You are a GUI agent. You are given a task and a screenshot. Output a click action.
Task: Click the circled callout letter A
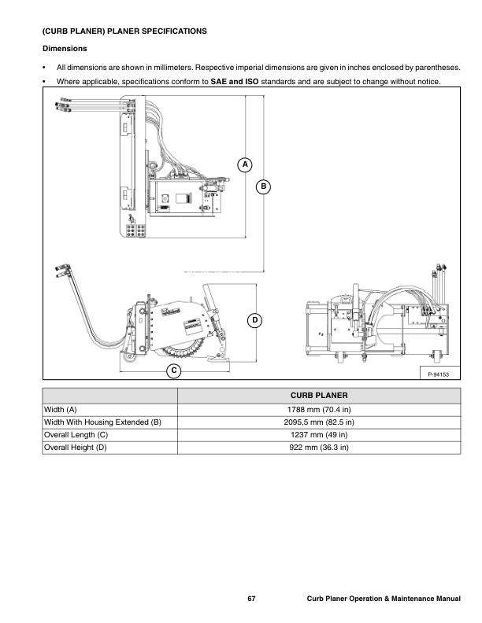coord(245,164)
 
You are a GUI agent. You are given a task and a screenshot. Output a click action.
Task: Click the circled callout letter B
coord(263,186)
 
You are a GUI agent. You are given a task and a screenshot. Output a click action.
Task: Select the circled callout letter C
coord(174,370)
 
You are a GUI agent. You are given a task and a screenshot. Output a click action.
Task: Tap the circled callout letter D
coord(255,321)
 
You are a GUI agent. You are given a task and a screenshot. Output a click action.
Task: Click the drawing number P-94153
coord(439,374)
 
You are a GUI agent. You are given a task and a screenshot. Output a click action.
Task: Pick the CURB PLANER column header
coord(319,396)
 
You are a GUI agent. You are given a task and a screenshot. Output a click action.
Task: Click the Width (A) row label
coord(61,410)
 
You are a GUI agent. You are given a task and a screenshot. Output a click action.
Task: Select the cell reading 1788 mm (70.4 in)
coord(319,410)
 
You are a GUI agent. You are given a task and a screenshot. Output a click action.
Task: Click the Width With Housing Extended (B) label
coord(102,422)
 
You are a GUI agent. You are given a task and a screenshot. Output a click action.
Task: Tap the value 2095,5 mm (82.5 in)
coord(319,422)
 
